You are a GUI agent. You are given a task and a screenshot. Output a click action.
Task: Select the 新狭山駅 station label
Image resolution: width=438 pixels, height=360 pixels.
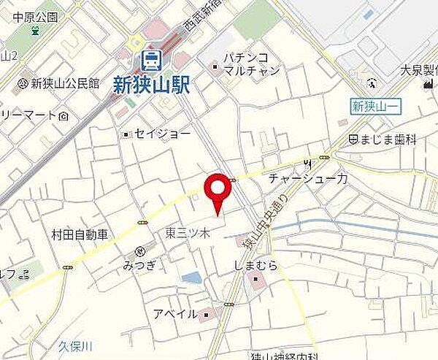[152, 85]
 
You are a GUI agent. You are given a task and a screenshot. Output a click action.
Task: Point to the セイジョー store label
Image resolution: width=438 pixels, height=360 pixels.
[162, 134]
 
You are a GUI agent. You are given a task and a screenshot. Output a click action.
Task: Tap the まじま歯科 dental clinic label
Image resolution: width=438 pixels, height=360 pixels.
[387, 139]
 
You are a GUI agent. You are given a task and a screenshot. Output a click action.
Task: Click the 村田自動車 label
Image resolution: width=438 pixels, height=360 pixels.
[80, 234]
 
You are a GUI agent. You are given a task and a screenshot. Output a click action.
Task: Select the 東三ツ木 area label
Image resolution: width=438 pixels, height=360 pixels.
[188, 234]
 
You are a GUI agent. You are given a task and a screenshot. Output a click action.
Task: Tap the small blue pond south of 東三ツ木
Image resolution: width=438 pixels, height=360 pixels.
[191, 277]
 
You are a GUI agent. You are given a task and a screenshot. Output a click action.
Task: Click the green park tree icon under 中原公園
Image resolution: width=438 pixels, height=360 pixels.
[34, 31]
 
